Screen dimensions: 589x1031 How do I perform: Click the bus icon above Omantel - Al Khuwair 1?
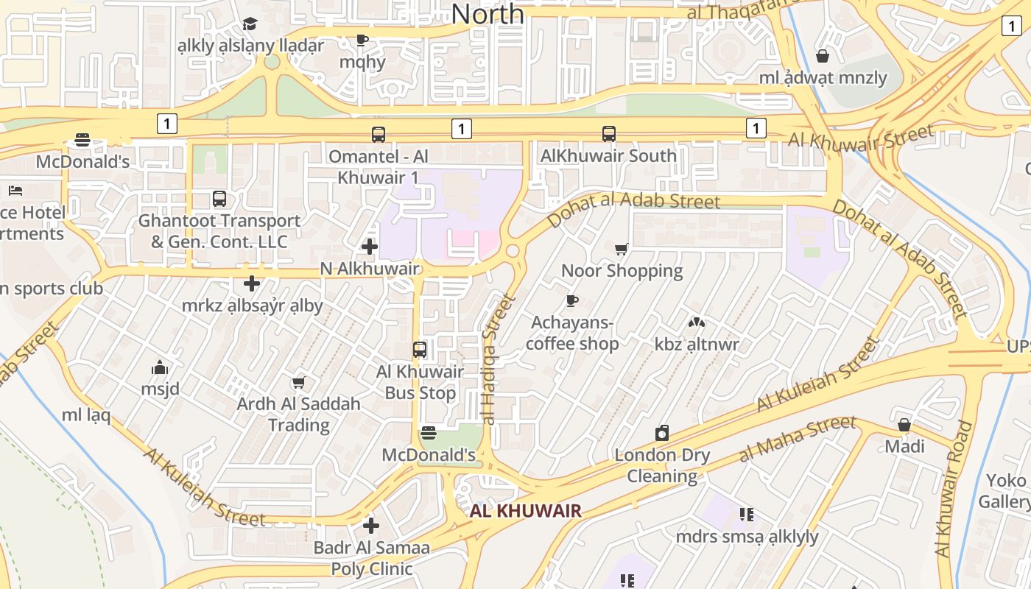[x=379, y=135]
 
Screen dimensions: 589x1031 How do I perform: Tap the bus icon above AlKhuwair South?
[x=609, y=134]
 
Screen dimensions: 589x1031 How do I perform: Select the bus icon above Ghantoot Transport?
[x=219, y=198]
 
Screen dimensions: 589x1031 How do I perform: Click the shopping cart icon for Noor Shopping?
[x=622, y=250]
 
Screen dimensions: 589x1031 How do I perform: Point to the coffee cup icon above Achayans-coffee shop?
[x=572, y=300]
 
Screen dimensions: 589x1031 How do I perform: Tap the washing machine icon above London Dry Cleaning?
[x=662, y=433]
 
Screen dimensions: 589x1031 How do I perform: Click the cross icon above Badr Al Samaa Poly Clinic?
[x=371, y=526]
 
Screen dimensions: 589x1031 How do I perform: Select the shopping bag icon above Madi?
[x=904, y=425]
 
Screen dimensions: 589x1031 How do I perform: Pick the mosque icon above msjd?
[x=160, y=367]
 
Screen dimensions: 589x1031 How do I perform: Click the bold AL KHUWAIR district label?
[x=526, y=510]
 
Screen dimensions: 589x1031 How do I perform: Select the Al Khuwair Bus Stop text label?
[x=420, y=382]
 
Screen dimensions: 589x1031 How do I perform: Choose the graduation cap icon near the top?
[x=250, y=24]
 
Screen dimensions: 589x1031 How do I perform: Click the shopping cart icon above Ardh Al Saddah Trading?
[x=298, y=382]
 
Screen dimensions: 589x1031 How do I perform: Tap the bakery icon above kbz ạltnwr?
[x=696, y=322]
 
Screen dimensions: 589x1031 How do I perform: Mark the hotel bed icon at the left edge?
[x=15, y=191]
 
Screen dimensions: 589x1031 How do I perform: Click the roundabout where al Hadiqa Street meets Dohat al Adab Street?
[x=513, y=251]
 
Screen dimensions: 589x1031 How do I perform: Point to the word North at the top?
[x=488, y=13]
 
